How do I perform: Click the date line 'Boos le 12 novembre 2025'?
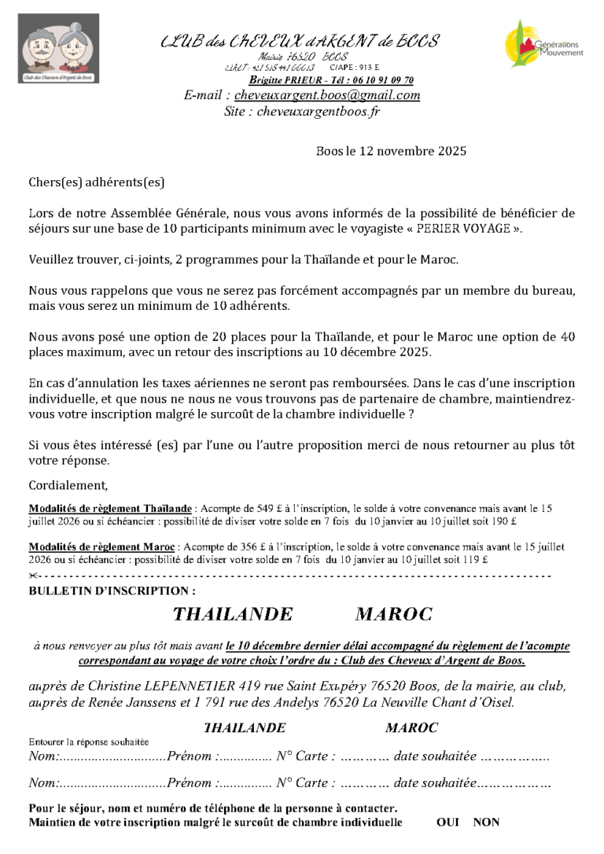(x=391, y=151)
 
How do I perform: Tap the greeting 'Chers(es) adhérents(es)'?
(x=97, y=182)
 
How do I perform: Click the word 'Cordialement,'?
(x=68, y=484)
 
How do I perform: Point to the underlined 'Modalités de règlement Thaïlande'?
(x=110, y=508)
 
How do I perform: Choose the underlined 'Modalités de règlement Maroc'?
(x=101, y=546)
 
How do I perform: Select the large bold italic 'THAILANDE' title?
(x=233, y=613)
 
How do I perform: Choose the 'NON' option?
(x=486, y=823)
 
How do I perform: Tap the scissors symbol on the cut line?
(x=32, y=576)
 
